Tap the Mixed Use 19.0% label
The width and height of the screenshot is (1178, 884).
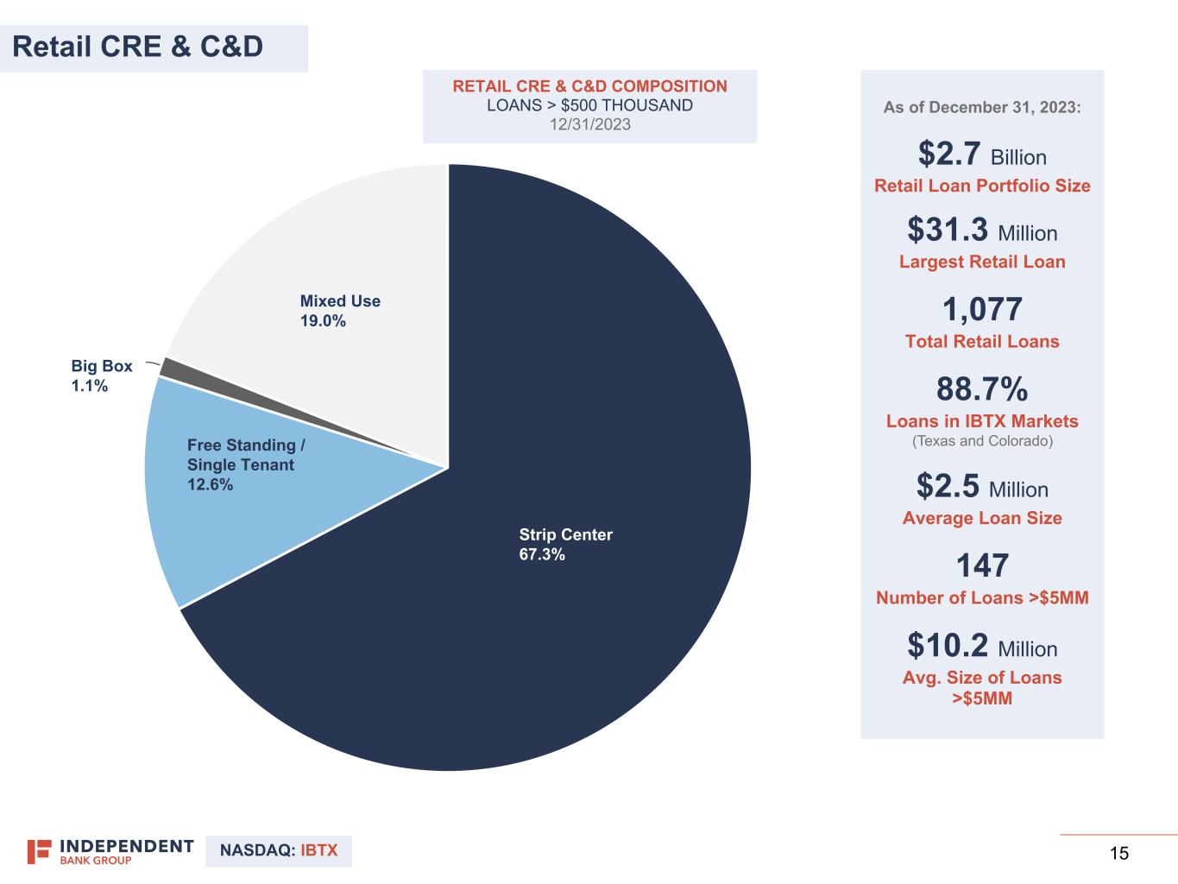[339, 311]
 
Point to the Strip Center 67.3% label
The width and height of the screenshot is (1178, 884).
[565, 545]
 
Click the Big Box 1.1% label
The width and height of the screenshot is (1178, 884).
[101, 376]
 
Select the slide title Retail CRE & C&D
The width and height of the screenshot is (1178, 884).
[138, 47]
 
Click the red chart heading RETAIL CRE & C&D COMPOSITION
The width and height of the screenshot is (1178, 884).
[589, 86]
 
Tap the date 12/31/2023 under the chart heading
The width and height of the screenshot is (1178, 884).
[589, 124]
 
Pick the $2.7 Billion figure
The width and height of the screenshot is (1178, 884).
[981, 155]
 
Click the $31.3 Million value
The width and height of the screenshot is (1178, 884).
[981, 231]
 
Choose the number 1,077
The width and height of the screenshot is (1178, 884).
[982, 309]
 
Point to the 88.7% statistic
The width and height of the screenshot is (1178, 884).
[982, 389]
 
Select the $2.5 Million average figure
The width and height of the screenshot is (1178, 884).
[981, 487]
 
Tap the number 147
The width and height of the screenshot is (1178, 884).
[982, 566]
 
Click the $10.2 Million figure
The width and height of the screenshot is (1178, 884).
[981, 647]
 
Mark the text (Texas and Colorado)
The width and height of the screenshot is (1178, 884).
[982, 441]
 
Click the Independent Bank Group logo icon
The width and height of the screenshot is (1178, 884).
[39, 851]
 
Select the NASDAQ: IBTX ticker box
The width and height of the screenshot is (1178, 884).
[279, 851]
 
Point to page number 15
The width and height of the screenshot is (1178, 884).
[1118, 854]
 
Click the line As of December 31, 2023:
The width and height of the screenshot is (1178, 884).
[981, 108]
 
